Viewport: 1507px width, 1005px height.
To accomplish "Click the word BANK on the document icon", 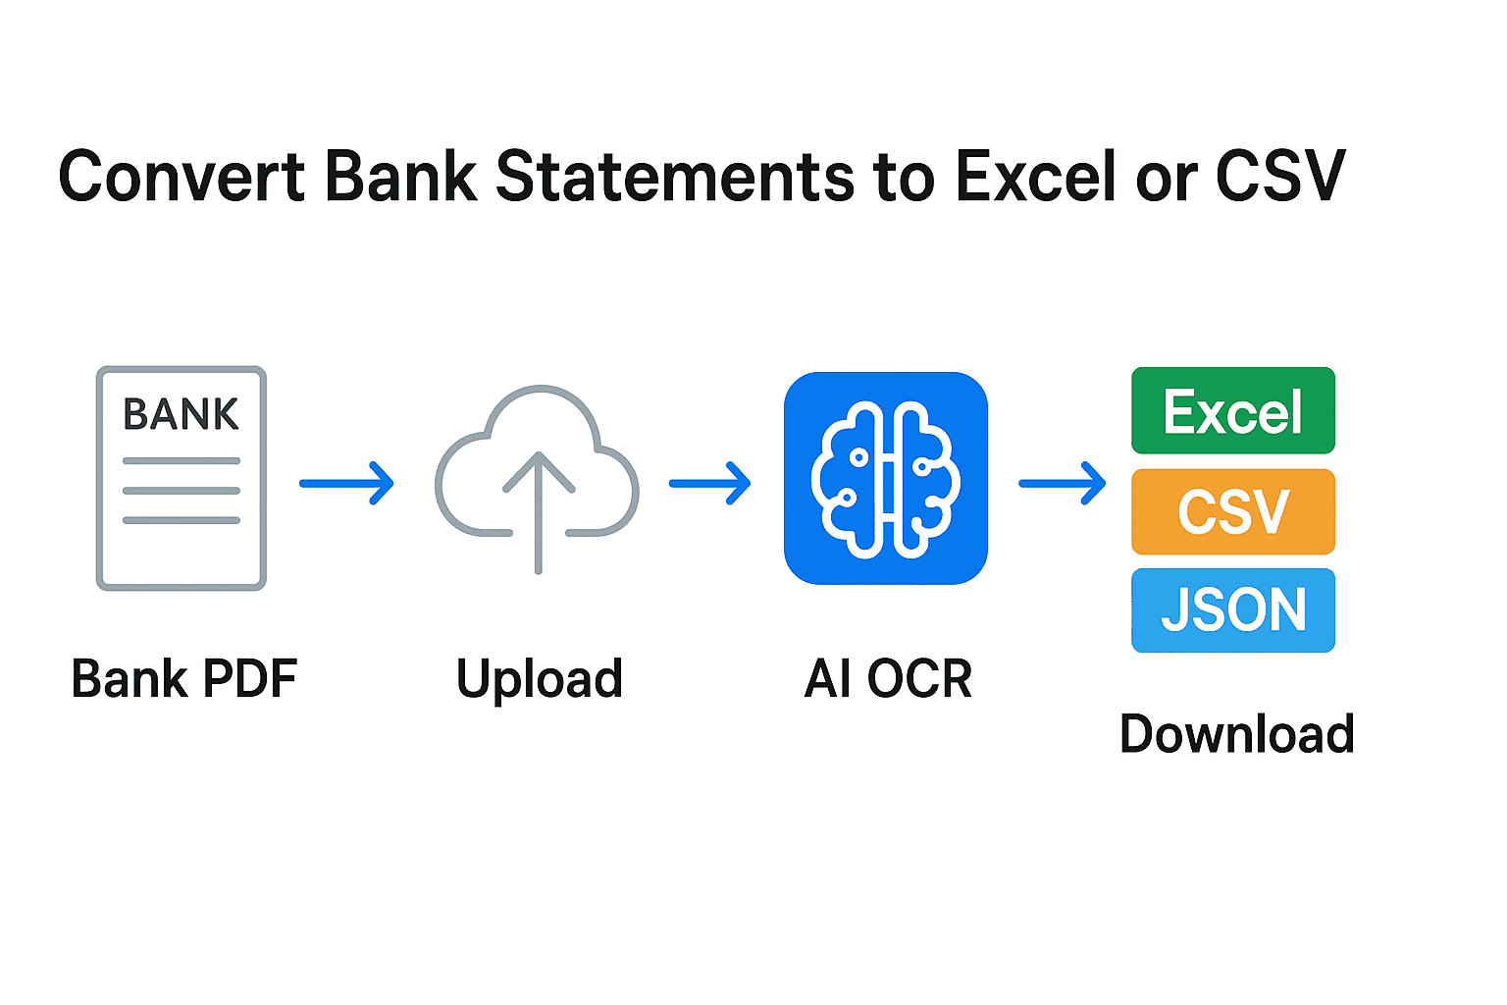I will point(181,414).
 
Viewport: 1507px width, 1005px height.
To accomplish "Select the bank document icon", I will point(182,478).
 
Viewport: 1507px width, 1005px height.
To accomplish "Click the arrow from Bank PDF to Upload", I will point(346,483).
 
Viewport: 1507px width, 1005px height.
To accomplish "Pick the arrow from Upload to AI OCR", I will point(709,483).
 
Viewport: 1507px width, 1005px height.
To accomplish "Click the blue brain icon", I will point(885,478).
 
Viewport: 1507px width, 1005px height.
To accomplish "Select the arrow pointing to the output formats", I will point(1062,483).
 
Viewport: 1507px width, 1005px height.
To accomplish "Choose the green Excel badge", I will point(1233,410).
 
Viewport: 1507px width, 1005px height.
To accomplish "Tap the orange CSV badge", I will point(1233,511).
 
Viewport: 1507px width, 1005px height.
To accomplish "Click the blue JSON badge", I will point(1233,609).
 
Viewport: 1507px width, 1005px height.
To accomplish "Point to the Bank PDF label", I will point(184,679).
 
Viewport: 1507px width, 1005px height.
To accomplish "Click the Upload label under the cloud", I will point(540,679).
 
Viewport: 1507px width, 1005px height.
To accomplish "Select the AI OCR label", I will point(888,679).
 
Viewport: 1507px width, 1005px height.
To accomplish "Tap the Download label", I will point(1236,734).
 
